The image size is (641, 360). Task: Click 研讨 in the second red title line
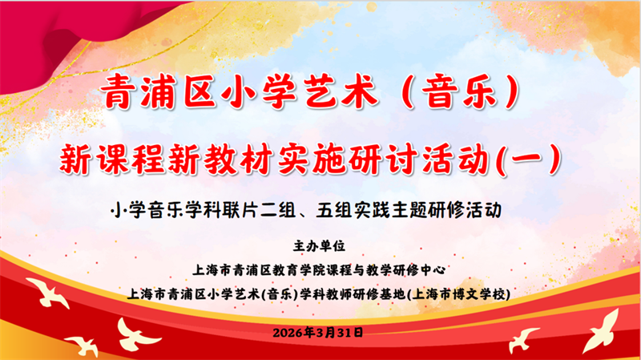411,159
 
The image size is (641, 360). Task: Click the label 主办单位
320,245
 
